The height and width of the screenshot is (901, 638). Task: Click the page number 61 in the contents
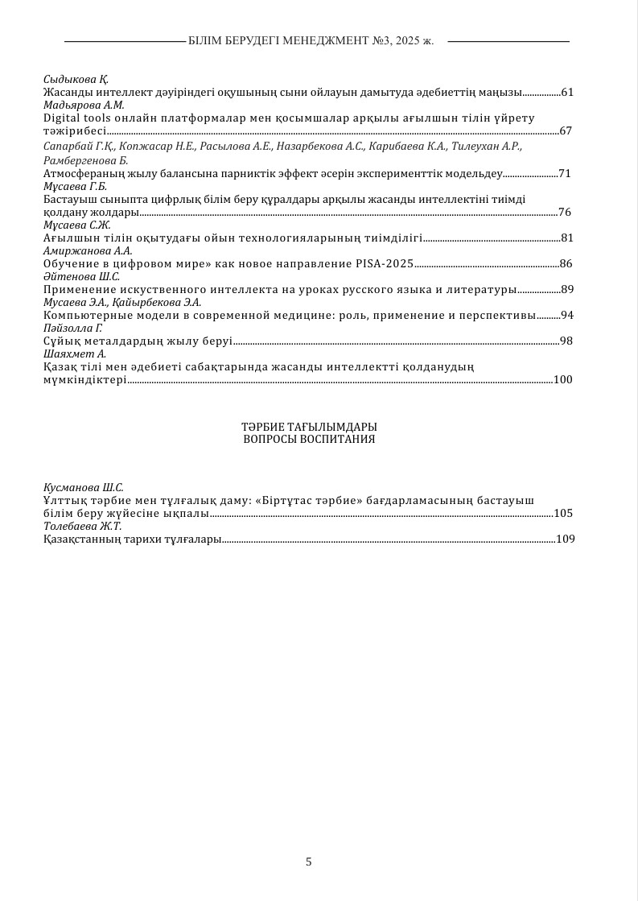[x=566, y=93]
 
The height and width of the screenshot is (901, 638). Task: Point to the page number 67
[x=566, y=130]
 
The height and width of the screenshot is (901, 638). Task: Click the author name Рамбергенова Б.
[x=80, y=160]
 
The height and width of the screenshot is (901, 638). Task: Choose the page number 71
[x=564, y=173]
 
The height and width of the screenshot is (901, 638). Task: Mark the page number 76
[x=565, y=212]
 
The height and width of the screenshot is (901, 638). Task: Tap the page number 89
[x=566, y=289]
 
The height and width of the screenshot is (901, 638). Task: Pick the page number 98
[x=566, y=341]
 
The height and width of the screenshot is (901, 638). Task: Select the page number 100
[x=563, y=379]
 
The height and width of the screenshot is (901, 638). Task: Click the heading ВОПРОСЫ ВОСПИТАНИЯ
[x=309, y=440]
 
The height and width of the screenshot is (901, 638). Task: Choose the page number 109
[x=565, y=539]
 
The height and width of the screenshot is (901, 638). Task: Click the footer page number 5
[x=309, y=862]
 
